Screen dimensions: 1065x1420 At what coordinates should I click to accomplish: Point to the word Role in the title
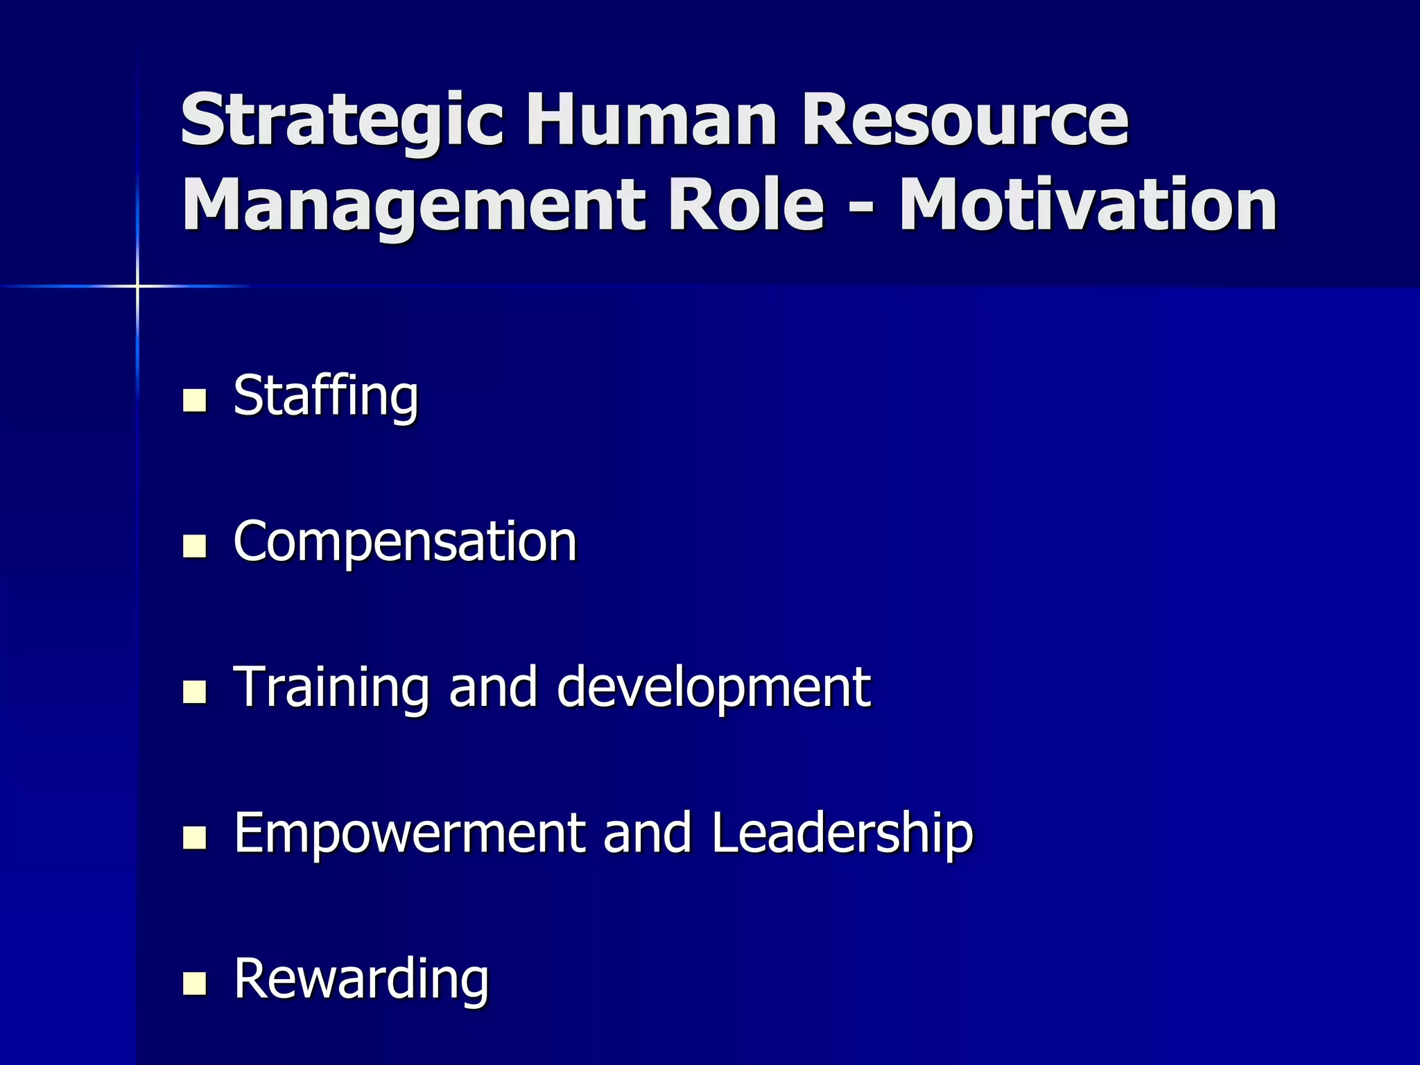tap(745, 205)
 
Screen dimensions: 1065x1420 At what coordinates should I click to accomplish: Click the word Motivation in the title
tap(1088, 205)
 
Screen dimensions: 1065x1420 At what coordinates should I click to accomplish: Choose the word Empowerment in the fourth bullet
tap(409, 833)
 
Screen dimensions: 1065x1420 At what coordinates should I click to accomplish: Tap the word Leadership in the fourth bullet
tap(842, 833)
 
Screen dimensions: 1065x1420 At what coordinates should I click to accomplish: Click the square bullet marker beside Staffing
tap(195, 401)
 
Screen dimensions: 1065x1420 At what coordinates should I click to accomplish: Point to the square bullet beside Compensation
tap(195, 546)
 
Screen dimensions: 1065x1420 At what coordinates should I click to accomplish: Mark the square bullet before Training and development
tap(195, 692)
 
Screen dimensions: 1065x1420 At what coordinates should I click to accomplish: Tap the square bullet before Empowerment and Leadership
tap(195, 838)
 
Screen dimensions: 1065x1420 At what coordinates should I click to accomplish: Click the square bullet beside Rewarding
tap(195, 983)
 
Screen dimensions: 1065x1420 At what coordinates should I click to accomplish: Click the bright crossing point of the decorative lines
tap(137, 286)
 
